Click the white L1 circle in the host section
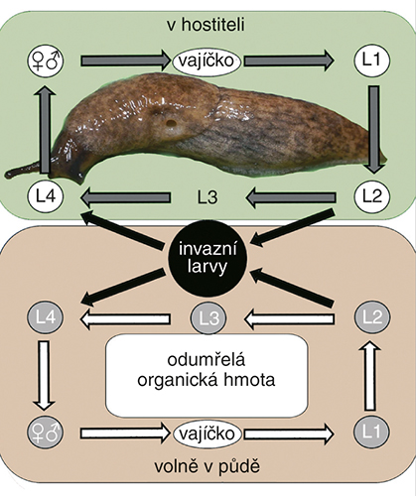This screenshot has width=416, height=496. coord(372,61)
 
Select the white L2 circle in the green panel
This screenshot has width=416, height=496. coord(372,196)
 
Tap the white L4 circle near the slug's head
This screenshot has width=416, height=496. coord(45,196)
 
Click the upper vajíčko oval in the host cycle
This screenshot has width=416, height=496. coord(207,62)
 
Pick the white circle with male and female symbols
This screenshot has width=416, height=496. coord(46,60)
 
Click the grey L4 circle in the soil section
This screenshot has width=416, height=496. coord(45,317)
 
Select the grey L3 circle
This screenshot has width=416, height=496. coord(208,317)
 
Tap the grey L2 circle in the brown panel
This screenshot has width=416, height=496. coord(372,317)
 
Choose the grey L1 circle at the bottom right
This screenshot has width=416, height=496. coord(372,432)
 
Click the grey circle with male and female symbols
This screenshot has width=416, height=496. coord(46,432)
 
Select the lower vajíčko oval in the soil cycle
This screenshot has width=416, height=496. coord(208,434)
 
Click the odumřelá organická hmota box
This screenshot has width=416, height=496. coord(207,376)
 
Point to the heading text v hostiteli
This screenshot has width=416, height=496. coord(206,25)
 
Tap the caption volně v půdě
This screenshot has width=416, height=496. coord(208,466)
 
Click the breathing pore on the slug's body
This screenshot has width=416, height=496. coord(171,123)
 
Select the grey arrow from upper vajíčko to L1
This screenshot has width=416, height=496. coord(289,61)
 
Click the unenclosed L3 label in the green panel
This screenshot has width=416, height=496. coord(208,197)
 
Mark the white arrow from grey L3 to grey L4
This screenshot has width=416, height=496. coord(125,319)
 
